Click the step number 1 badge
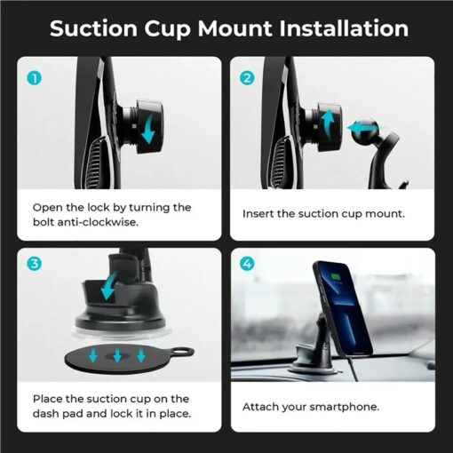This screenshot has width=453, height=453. (x=35, y=79)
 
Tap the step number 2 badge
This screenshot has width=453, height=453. (x=247, y=78)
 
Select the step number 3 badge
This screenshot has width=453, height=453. (x=35, y=263)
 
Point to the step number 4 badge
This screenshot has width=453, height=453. (x=247, y=263)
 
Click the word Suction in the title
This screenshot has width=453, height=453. (x=93, y=28)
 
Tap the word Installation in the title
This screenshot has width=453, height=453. (x=344, y=28)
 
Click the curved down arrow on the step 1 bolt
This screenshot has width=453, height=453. (x=148, y=129)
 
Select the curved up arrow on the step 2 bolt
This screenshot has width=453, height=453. (x=327, y=123)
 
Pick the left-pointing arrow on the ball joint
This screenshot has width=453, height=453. (x=362, y=128)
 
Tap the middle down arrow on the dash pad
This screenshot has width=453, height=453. (x=117, y=355)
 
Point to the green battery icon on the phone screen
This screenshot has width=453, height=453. (x=336, y=277)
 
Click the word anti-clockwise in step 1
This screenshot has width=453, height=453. (x=98, y=222)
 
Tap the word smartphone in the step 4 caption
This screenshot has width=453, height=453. (x=344, y=407)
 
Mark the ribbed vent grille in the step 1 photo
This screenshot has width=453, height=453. (x=95, y=163)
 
